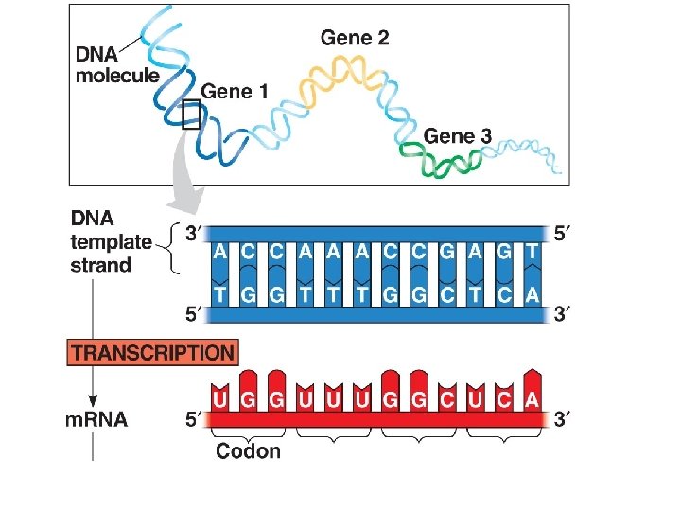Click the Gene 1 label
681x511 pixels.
point(235,92)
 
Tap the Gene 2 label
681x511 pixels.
point(355,39)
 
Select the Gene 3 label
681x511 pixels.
point(458,136)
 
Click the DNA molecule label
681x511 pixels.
point(117,65)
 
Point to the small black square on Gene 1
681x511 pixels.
point(190,114)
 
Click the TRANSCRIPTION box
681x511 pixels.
point(152,353)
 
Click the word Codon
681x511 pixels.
point(248,450)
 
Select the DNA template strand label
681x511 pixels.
point(112,241)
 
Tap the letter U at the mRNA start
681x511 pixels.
point(219,399)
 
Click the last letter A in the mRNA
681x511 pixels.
point(532,399)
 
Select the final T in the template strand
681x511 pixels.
point(533,251)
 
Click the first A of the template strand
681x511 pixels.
point(219,251)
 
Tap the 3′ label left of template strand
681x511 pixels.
point(194,234)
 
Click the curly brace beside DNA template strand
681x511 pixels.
point(171,248)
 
